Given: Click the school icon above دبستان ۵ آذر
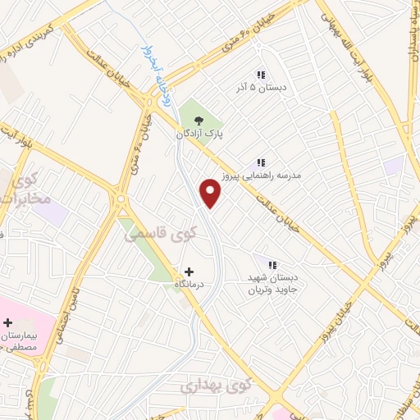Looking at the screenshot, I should (x=261, y=75).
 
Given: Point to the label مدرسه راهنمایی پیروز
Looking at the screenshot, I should (x=262, y=176).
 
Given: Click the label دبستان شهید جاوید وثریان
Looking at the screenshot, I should (x=271, y=283).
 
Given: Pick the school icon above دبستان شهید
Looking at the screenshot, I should (x=270, y=263).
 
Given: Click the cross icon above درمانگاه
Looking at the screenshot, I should (x=189, y=271).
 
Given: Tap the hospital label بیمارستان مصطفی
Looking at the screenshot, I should (x=19, y=341).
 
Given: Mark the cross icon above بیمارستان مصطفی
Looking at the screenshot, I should (x=8, y=322).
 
